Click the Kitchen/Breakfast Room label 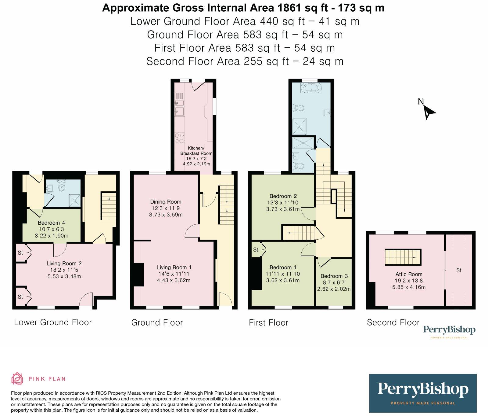click(x=196, y=151)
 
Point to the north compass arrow click(x=429, y=112)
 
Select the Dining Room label click(x=166, y=202)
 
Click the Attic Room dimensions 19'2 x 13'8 click(x=409, y=281)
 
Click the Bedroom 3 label click(x=334, y=276)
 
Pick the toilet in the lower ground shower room click(x=62, y=185)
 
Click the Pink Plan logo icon click(x=17, y=378)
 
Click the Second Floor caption click(x=393, y=322)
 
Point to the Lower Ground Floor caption click(x=53, y=322)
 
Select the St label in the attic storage click(x=459, y=270)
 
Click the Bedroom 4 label click(x=51, y=223)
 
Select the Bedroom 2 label click(x=283, y=196)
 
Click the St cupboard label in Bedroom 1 click(x=256, y=250)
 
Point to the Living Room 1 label click(x=174, y=267)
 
